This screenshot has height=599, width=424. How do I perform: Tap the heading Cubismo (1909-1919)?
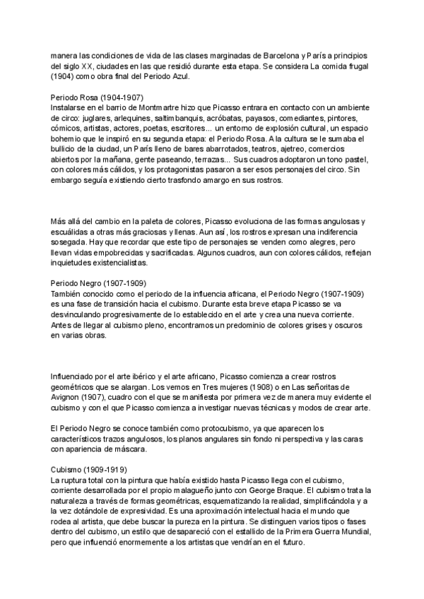pyautogui.click(x=93, y=469)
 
